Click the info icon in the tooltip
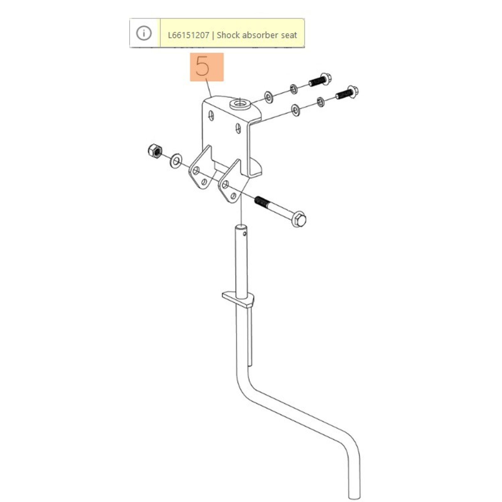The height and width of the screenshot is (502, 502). [144, 33]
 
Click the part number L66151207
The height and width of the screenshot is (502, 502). [188, 35]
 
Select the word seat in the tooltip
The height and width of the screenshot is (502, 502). [289, 35]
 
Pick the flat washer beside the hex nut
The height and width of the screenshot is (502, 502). [176, 161]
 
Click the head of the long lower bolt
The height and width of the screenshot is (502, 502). [299, 219]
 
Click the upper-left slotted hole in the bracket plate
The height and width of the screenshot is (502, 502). [211, 115]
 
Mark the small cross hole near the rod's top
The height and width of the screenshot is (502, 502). [245, 233]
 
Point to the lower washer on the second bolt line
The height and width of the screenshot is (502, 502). [295, 110]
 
